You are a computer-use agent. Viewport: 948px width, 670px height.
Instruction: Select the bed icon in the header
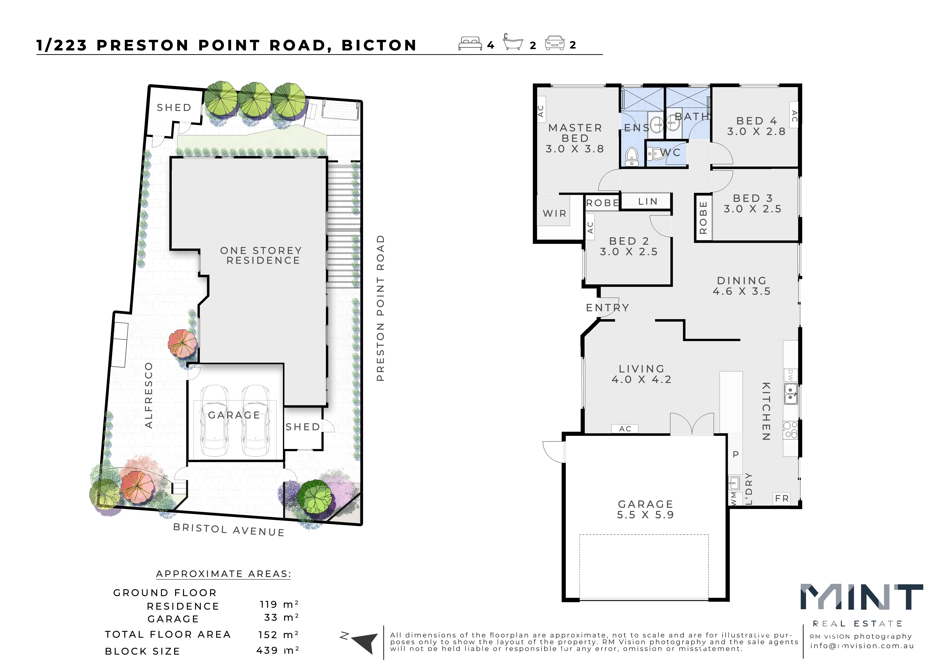point(470,43)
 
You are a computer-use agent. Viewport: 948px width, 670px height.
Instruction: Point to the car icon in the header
point(555,43)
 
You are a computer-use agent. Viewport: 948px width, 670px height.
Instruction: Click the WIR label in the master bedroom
point(555,213)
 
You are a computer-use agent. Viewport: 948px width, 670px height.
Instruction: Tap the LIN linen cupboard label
point(647,201)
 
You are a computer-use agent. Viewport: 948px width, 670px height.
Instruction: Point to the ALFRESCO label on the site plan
point(149,396)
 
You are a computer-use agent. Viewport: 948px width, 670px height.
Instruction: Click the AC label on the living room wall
point(625,429)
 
